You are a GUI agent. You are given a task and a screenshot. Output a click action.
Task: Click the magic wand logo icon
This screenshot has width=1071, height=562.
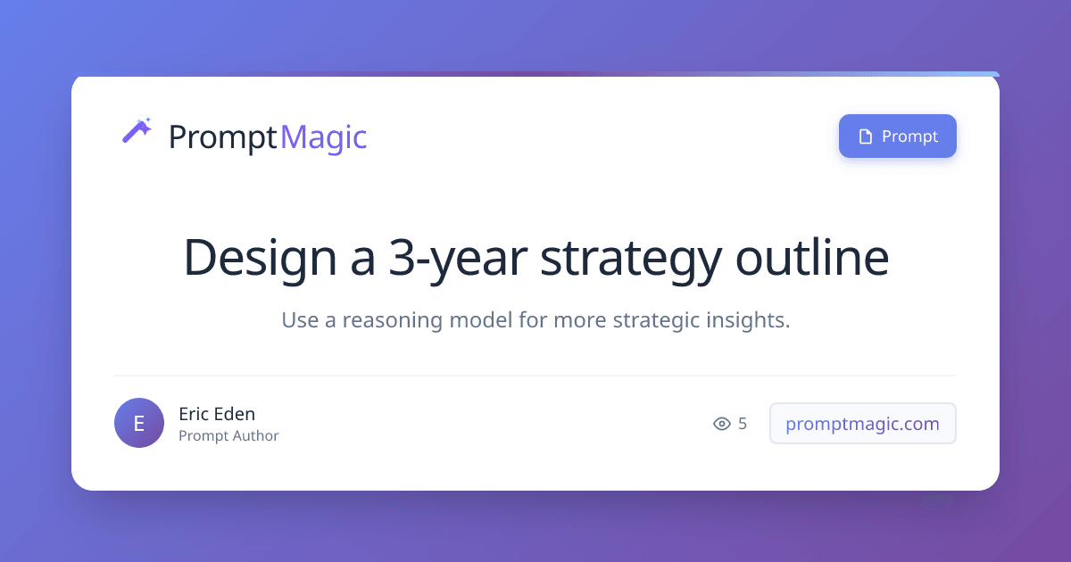137,130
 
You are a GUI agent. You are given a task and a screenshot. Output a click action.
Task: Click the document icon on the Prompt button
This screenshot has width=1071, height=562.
866,136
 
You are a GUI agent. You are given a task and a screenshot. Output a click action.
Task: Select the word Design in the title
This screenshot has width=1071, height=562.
260,258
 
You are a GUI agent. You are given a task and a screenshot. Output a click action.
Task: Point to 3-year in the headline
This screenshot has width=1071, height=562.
458,258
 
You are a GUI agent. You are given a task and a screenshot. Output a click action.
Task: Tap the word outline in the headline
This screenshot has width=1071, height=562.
812,257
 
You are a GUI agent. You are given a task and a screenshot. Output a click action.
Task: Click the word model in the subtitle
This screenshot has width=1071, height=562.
480,319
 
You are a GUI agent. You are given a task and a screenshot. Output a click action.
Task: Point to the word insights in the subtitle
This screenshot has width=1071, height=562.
748,320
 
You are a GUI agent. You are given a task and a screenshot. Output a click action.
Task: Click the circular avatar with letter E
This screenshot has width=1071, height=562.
139,423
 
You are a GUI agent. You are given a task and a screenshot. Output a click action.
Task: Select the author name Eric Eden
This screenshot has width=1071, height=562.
217,414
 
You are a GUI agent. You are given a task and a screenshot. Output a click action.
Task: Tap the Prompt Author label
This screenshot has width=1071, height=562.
228,436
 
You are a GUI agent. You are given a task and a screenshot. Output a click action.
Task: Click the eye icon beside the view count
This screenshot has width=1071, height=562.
722,424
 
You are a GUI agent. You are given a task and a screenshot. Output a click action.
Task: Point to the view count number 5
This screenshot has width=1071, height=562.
743,424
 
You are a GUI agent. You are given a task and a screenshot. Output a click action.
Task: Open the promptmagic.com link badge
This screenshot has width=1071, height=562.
862,424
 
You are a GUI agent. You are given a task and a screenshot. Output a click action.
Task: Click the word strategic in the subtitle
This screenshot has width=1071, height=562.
657,320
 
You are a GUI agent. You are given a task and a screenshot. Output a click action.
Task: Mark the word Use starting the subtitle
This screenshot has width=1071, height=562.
300,319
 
